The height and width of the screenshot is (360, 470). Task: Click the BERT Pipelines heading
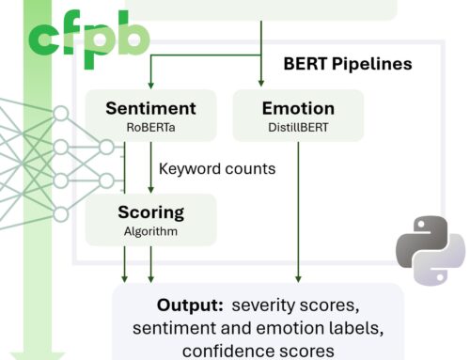pyautogui.click(x=349, y=67)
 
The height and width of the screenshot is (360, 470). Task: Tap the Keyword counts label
pyautogui.click(x=216, y=169)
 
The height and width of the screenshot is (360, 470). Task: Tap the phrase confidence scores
pyautogui.click(x=258, y=351)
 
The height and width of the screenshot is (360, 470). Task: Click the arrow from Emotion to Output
pyautogui.click(x=299, y=207)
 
